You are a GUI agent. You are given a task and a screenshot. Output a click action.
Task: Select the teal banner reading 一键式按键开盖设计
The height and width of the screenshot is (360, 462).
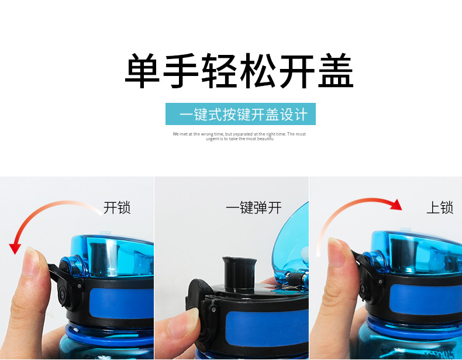(240, 114)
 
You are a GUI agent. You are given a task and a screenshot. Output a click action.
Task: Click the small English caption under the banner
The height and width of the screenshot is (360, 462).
(239, 136)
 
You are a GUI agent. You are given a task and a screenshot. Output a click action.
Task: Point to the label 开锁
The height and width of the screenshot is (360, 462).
(117, 207)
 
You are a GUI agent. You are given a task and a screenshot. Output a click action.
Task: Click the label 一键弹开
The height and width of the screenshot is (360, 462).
(253, 207)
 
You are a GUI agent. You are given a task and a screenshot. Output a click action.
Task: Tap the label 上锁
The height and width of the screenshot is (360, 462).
(439, 207)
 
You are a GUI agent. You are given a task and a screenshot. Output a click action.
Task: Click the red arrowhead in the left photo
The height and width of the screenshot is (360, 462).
(16, 248)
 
